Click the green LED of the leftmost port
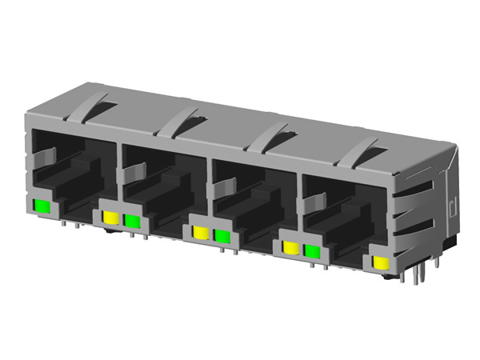coord(42,207)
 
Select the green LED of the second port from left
coord(131,220)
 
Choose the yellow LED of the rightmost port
coord(382,265)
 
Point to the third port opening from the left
coord(252,204)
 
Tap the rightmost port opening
coord(344,220)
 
